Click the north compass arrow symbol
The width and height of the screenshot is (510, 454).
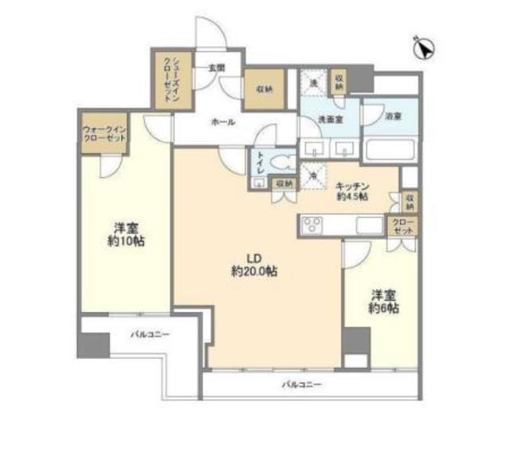tap(424, 48)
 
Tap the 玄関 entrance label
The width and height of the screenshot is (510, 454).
tap(216, 68)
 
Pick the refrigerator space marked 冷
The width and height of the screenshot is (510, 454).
tap(315, 170)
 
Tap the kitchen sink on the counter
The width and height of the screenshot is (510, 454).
tap(370, 224)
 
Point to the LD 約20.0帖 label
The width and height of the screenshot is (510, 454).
tap(254, 265)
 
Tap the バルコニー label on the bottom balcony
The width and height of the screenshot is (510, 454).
tap(301, 385)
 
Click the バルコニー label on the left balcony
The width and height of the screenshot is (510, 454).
tap(151, 335)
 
